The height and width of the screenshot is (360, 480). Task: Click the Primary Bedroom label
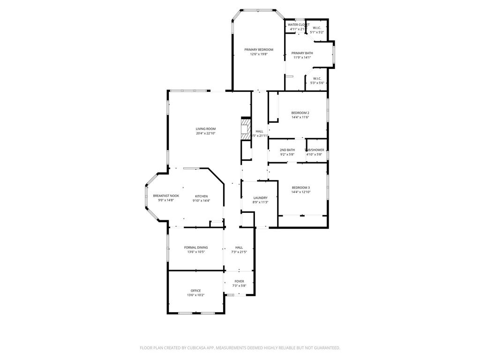click(258, 50)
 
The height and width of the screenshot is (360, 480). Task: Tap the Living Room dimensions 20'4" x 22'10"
click(205, 134)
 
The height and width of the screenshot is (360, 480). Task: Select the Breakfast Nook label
click(166, 196)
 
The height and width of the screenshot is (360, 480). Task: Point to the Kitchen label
click(201, 196)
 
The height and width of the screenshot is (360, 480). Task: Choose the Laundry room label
click(260, 198)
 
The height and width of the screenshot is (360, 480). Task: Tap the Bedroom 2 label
click(300, 113)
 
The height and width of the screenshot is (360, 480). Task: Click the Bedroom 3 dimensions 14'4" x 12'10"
click(301, 192)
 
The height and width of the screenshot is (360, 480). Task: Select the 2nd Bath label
click(287, 150)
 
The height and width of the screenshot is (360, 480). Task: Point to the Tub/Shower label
click(315, 150)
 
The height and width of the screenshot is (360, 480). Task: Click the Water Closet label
click(298, 25)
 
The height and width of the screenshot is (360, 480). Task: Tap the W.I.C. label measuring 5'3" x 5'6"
click(317, 79)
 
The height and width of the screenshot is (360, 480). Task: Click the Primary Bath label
click(302, 53)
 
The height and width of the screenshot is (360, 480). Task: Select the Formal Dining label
click(196, 247)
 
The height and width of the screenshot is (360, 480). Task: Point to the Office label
click(195, 291)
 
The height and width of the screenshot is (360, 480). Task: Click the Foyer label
click(239, 281)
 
